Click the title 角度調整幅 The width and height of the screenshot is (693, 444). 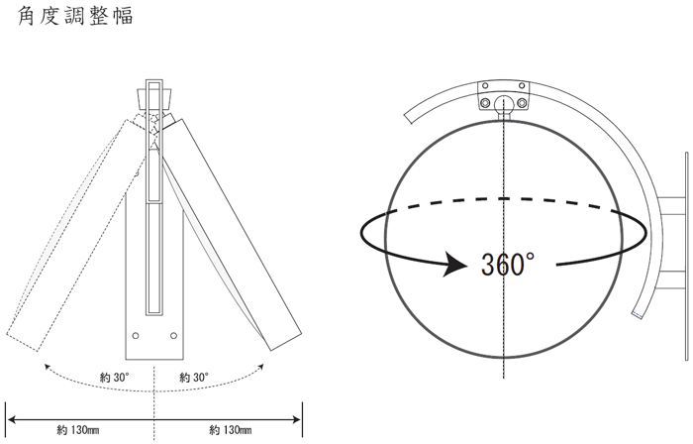click(x=75, y=16)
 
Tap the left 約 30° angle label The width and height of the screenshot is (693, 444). click(x=115, y=378)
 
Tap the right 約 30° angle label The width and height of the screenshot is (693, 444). click(x=194, y=378)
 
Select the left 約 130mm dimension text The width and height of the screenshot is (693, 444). click(x=78, y=429)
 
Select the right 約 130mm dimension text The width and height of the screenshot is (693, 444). click(x=231, y=429)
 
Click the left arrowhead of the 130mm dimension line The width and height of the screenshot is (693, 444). click(x=12, y=419)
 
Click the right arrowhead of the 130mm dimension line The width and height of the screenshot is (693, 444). click(x=296, y=419)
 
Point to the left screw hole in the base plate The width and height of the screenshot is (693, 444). click(x=136, y=336)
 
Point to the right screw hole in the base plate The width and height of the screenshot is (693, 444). click(x=173, y=336)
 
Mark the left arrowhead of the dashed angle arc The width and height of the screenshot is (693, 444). click(x=47, y=366)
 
